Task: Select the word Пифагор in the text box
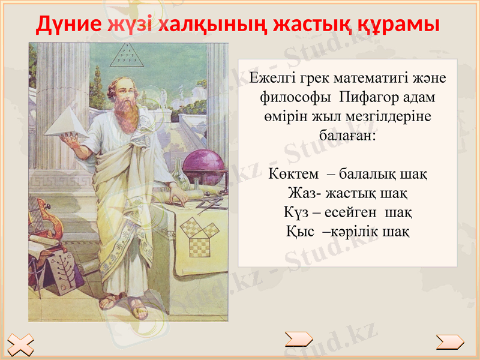click(367, 97)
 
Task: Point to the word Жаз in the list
click(299, 194)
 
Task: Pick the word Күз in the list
click(295, 212)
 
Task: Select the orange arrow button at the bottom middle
click(298, 340)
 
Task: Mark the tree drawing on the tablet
click(62, 268)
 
